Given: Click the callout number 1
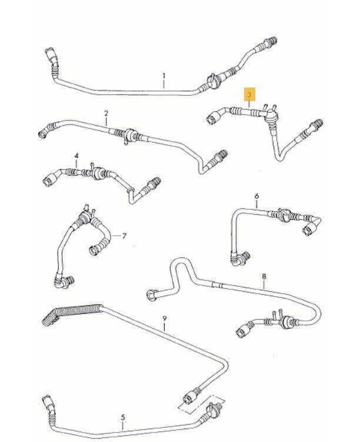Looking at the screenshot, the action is pos(164,76).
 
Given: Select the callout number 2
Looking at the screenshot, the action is pos(106,113).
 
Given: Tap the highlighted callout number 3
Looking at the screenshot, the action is pos(249,95).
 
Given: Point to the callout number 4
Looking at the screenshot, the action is pos(76,156).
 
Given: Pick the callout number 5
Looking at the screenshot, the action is pos(123,417).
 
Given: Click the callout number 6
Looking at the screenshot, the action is pos(256,196).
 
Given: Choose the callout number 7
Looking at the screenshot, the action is pos(125,236).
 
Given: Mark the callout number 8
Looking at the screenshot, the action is pos(264,276).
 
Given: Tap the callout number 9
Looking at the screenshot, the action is pos(165,319).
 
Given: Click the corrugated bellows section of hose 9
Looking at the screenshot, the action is pos(72,313).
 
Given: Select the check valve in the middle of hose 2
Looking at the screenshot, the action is pos(131,135).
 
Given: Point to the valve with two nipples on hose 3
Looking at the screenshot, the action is pos(270,114).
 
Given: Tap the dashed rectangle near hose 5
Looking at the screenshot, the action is pos(201,403).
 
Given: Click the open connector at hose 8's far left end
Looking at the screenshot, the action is pos(152,296).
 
